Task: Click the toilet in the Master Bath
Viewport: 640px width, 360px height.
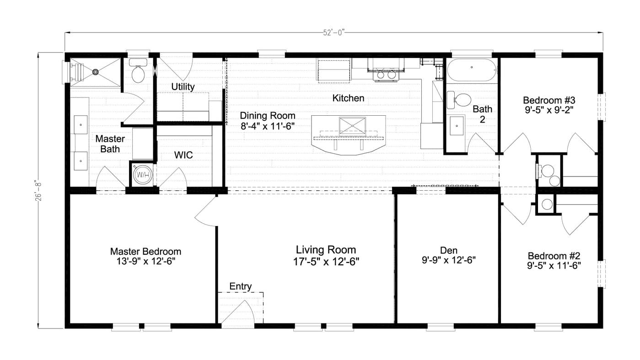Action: (x=137, y=72)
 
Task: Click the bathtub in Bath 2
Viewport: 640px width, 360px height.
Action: (x=472, y=70)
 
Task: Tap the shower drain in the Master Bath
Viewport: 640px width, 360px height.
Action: (x=96, y=72)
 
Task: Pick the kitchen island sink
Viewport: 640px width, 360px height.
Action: (x=352, y=125)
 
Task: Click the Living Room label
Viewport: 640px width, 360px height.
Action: (x=326, y=250)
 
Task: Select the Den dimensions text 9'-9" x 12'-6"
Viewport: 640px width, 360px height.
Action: (x=449, y=261)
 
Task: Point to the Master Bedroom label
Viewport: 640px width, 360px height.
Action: (x=145, y=252)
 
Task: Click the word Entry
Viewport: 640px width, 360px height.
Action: (x=240, y=286)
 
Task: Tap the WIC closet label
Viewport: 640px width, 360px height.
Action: (x=183, y=155)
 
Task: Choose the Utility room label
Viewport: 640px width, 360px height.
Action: (x=183, y=86)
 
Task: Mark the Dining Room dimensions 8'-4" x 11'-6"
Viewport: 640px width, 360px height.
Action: (x=268, y=126)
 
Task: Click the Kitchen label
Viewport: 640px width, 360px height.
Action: (x=348, y=98)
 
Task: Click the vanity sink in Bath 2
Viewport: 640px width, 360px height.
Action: (x=457, y=126)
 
